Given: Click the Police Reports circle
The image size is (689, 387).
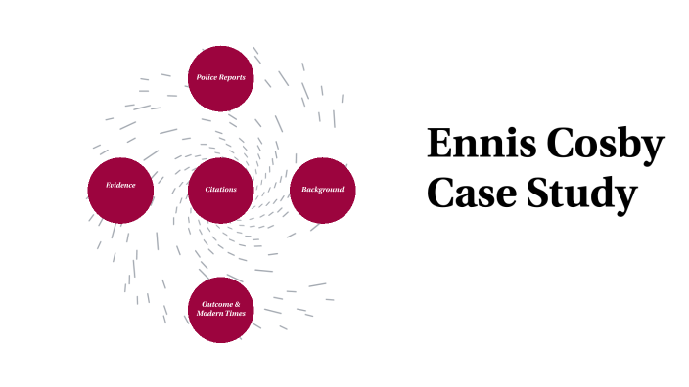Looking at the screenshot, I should [x=221, y=77].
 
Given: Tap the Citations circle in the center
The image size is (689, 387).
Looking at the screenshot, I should [x=221, y=190].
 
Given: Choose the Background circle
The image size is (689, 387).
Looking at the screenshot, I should [x=322, y=190].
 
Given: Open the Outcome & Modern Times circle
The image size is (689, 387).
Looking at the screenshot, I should [x=221, y=309].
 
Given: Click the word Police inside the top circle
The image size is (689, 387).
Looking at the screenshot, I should [x=207, y=77].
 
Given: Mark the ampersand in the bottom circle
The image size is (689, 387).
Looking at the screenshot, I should [x=237, y=304].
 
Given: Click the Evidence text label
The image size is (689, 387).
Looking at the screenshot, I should [x=120, y=185].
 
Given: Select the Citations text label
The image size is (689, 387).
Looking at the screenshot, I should [x=221, y=189].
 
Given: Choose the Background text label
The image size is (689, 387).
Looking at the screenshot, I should [x=322, y=189].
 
